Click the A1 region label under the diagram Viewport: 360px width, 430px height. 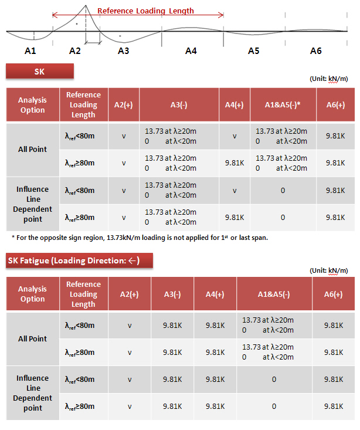click(x=30, y=51)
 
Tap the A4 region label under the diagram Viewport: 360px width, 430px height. click(x=191, y=51)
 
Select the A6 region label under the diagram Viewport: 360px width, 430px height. click(x=315, y=51)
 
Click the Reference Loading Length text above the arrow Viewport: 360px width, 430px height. click(x=145, y=11)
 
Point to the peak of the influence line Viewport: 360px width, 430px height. click(x=87, y=6)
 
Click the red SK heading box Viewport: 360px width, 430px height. click(x=40, y=72)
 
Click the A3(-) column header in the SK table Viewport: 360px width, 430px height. click(x=179, y=104)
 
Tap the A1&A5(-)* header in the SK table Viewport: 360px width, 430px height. click(x=283, y=104)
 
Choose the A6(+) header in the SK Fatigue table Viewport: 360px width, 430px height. click(x=333, y=294)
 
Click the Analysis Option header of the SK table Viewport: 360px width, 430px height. click(x=32, y=104)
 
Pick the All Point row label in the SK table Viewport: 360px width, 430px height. click(x=32, y=149)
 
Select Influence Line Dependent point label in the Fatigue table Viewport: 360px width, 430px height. click(x=33, y=392)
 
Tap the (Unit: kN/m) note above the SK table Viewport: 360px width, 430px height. click(x=332, y=79)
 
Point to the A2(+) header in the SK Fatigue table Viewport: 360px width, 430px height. click(x=130, y=294)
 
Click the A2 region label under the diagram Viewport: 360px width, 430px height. click(x=74, y=51)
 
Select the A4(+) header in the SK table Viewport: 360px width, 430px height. click(x=234, y=104)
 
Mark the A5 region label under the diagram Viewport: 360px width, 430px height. click(x=253, y=51)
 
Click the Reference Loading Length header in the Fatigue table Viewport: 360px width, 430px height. click(x=83, y=294)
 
